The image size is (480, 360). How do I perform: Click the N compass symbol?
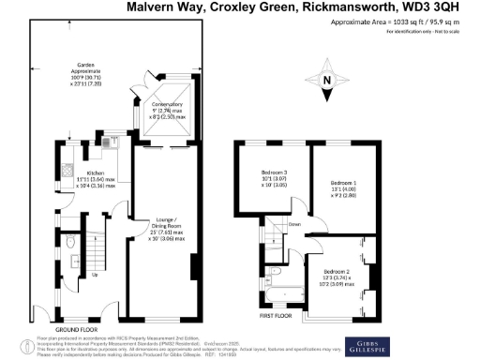[x=325, y=80]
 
